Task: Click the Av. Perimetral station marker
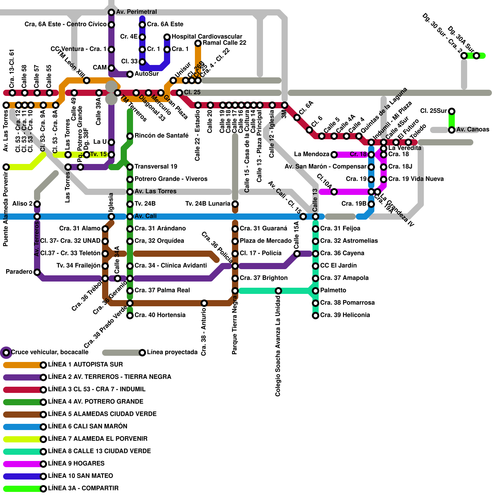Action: [x=111, y=12]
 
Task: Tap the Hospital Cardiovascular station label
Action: [x=207, y=37]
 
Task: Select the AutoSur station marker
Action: [x=130, y=74]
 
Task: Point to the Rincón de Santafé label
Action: [x=161, y=136]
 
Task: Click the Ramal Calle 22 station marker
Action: [x=198, y=43]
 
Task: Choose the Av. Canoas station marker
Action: [x=452, y=130]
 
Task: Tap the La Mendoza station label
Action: [x=312, y=154]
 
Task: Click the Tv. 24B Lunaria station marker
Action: [x=235, y=204]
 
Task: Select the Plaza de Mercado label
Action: [x=265, y=241]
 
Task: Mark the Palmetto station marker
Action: [x=316, y=291]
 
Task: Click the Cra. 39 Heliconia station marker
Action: [x=316, y=315]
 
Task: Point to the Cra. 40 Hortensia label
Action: [x=160, y=315]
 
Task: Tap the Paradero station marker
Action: [x=37, y=272]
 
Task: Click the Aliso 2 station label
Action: [x=22, y=204]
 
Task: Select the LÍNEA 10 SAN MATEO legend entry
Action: [x=80, y=476]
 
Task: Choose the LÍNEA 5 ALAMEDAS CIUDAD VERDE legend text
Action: [x=102, y=414]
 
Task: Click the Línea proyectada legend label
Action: [x=172, y=352]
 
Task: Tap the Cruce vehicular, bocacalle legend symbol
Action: [x=6, y=352]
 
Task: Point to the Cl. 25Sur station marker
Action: [x=452, y=111]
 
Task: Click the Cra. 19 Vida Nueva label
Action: [x=416, y=179]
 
